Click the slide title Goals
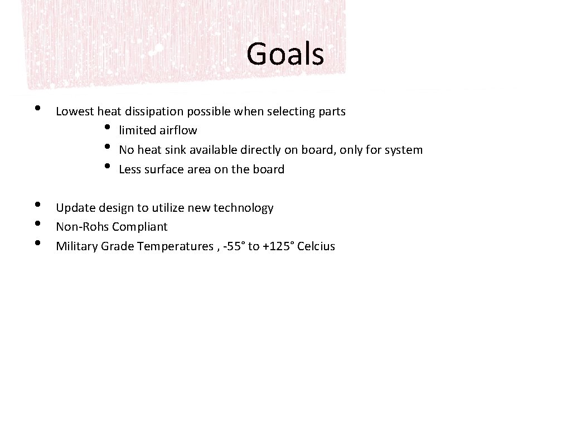click(285, 54)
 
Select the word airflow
click(178, 130)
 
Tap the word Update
click(75, 208)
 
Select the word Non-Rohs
click(83, 227)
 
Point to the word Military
click(77, 246)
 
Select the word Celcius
click(316, 246)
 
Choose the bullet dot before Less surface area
click(107, 167)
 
